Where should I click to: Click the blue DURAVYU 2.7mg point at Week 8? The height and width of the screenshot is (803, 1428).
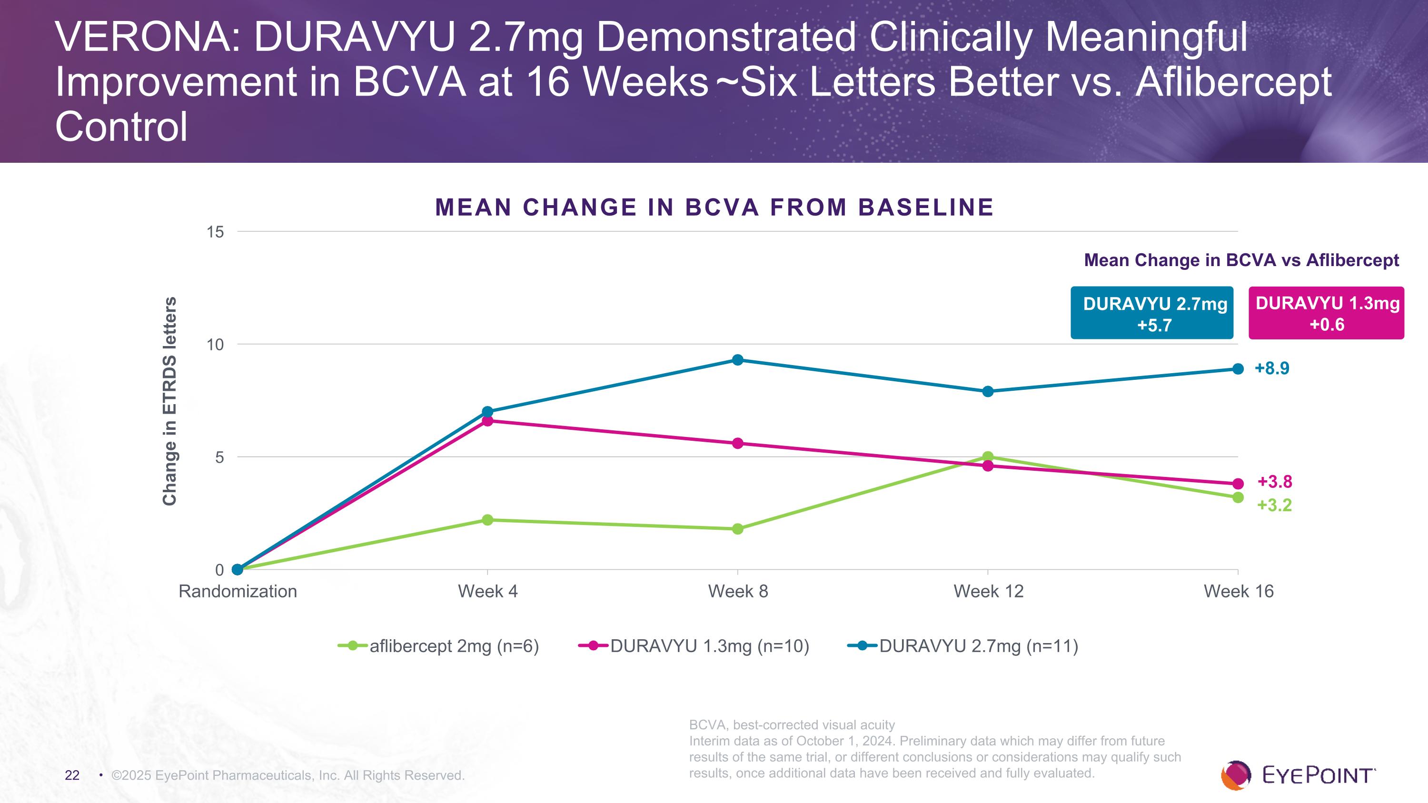click(x=737, y=360)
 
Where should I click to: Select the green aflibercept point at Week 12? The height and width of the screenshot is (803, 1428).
click(x=987, y=456)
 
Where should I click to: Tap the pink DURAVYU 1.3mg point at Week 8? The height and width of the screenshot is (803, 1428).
click(x=737, y=443)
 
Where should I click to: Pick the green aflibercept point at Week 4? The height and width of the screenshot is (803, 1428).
click(x=487, y=520)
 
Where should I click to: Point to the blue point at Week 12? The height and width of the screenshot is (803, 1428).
click(x=987, y=391)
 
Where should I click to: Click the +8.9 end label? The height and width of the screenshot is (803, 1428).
click(x=1272, y=368)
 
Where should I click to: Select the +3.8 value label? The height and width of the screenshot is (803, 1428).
click(x=1274, y=482)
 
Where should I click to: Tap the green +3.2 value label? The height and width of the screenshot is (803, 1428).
click(x=1274, y=506)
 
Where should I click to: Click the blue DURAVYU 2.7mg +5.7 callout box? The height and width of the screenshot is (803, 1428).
click(x=1151, y=313)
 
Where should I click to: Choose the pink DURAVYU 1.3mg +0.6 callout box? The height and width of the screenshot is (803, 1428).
click(x=1326, y=313)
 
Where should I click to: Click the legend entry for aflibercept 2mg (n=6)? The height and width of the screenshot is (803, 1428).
click(x=438, y=646)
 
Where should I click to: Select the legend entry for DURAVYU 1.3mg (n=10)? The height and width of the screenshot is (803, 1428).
click(x=694, y=646)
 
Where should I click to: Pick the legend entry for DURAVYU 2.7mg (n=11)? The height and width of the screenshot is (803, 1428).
click(x=963, y=646)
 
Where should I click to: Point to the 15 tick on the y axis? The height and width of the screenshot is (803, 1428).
click(x=215, y=232)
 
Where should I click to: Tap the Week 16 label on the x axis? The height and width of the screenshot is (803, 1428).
click(x=1239, y=591)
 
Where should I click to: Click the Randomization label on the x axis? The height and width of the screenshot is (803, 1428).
click(x=238, y=591)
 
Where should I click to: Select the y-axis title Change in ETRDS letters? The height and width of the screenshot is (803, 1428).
click(x=169, y=401)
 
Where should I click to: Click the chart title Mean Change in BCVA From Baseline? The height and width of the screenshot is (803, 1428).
click(x=714, y=207)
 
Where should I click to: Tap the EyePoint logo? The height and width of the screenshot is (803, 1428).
click(x=1298, y=775)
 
